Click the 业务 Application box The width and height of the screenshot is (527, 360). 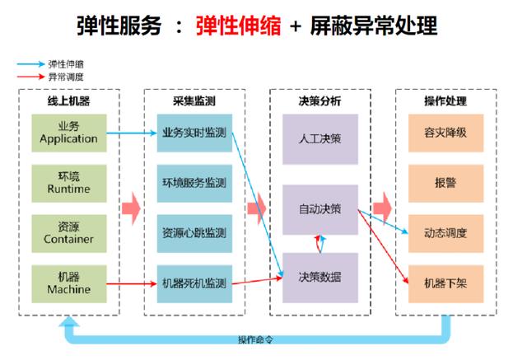point(69,132)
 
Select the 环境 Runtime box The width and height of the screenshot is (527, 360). point(69,182)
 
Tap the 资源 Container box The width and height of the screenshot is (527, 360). point(69,233)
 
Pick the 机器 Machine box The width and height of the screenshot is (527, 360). point(69,283)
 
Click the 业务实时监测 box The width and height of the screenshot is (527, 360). point(194,132)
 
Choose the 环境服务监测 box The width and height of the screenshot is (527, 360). point(194,182)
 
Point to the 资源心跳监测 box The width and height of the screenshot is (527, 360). point(194,233)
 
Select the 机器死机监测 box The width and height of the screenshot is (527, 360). point(194,283)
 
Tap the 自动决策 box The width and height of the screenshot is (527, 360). point(319,208)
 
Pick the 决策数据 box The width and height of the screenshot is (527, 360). point(319,276)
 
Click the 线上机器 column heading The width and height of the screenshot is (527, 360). point(69,101)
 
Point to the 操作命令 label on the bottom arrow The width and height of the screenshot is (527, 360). point(255,340)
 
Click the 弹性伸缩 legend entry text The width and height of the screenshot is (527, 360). point(67,63)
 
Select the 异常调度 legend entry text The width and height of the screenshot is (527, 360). point(67,76)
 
